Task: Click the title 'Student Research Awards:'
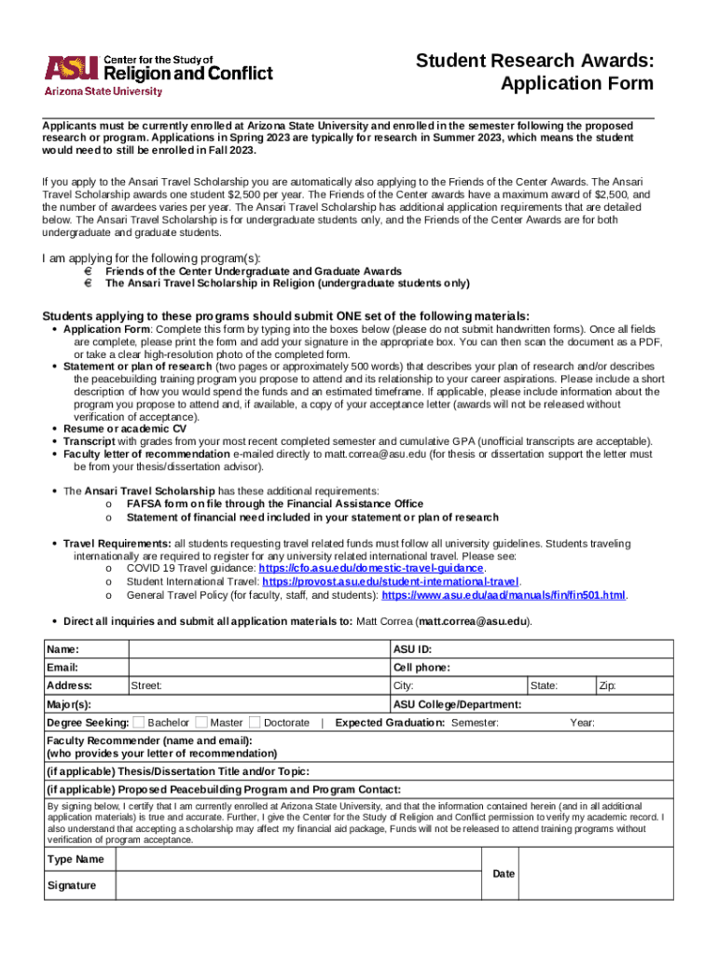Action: [534, 62]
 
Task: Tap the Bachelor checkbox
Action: [139, 722]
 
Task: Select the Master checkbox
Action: [201, 722]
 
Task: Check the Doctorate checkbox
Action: [255, 722]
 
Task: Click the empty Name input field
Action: [257, 649]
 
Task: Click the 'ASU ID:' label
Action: [412, 649]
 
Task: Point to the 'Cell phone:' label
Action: [421, 668]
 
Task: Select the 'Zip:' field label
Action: [607, 686]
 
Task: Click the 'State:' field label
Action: [544, 686]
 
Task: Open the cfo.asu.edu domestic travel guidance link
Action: [371, 568]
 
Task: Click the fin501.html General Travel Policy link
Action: [504, 595]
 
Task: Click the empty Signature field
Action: [297, 885]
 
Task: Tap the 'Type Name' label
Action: [76, 859]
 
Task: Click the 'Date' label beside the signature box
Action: [504, 873]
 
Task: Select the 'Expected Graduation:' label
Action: [389, 723]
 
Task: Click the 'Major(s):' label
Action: [69, 705]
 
